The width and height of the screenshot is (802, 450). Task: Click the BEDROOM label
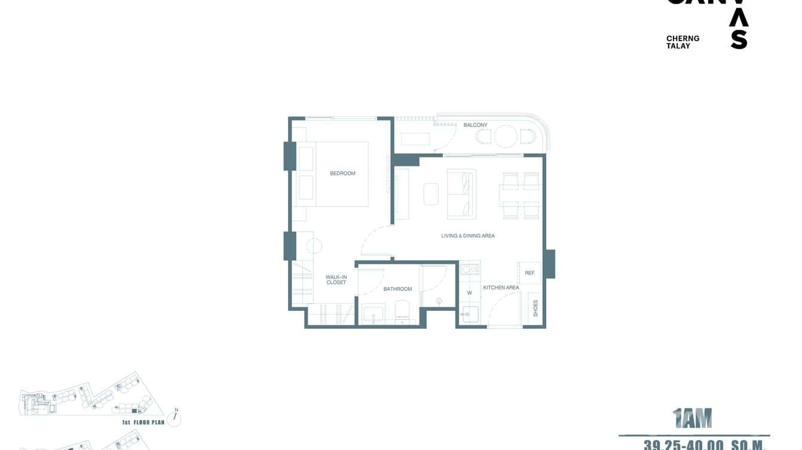pos(342,174)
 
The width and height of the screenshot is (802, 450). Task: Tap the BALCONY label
pos(475,125)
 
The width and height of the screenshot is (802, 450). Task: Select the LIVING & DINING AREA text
pos(468,236)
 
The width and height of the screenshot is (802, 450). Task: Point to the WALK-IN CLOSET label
pos(336,279)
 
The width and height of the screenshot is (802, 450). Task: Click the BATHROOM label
pos(397,289)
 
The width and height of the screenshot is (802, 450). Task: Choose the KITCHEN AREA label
pos(501,288)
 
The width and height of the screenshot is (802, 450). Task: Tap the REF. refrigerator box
pos(529,273)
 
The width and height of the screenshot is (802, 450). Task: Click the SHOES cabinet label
pos(535,308)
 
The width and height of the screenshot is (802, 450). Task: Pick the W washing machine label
pos(470,293)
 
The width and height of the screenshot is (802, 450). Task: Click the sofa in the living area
pos(461,194)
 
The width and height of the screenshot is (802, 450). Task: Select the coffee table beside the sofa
pos(431,194)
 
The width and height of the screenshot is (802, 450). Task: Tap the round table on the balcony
pos(505,137)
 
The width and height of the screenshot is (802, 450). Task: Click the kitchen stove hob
pos(470,269)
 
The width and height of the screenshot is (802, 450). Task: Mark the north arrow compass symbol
pos(175,418)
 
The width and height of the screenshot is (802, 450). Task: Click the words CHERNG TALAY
pos(682,42)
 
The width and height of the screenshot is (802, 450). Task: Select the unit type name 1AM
pos(693,419)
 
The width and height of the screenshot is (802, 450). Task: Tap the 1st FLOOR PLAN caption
pos(143,423)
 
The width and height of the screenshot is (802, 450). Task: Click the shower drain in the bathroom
pos(439,300)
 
